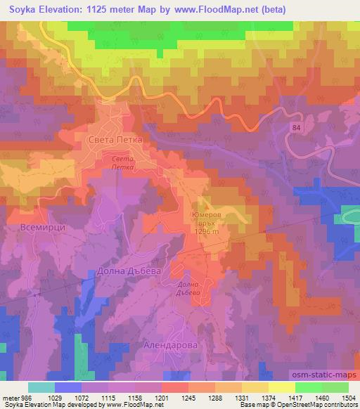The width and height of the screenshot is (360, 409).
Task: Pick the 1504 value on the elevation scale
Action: coord(349,396)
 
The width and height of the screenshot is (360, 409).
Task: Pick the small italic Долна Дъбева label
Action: coord(188,288)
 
